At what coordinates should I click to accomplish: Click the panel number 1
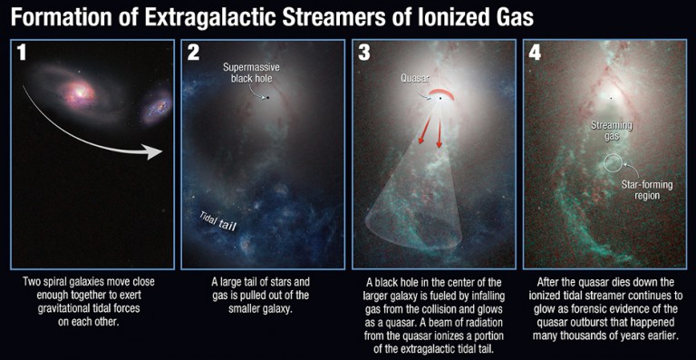tap(23, 54)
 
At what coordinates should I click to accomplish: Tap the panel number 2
tap(192, 54)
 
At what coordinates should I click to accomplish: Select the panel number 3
tap(364, 54)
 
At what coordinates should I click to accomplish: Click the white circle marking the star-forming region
tap(613, 164)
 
